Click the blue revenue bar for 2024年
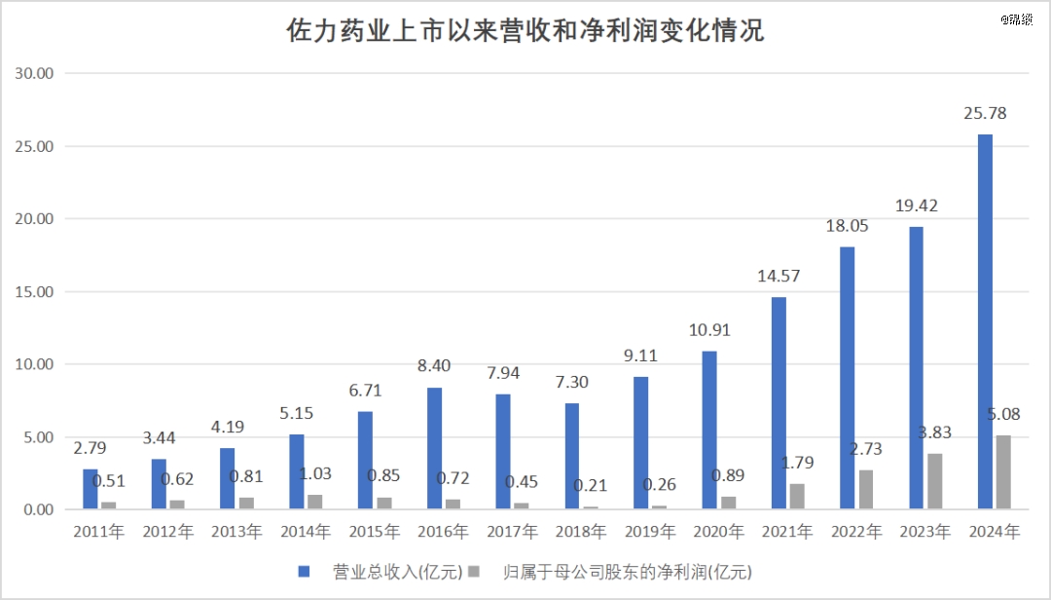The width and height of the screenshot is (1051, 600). click(985, 321)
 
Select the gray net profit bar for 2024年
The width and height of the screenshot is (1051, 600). click(1003, 472)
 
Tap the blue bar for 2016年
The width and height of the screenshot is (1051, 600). click(434, 448)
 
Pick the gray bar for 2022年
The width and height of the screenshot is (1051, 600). click(865, 490)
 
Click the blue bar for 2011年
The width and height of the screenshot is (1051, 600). click(91, 489)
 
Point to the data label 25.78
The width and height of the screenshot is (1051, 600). click(984, 114)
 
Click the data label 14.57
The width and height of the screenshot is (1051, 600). click(779, 276)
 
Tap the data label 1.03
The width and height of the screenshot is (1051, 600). click(315, 474)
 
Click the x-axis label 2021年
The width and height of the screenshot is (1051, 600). click(787, 532)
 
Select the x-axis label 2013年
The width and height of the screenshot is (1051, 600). click(236, 532)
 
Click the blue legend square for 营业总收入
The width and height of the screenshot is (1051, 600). click(304, 571)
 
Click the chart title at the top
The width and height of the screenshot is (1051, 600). click(525, 31)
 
